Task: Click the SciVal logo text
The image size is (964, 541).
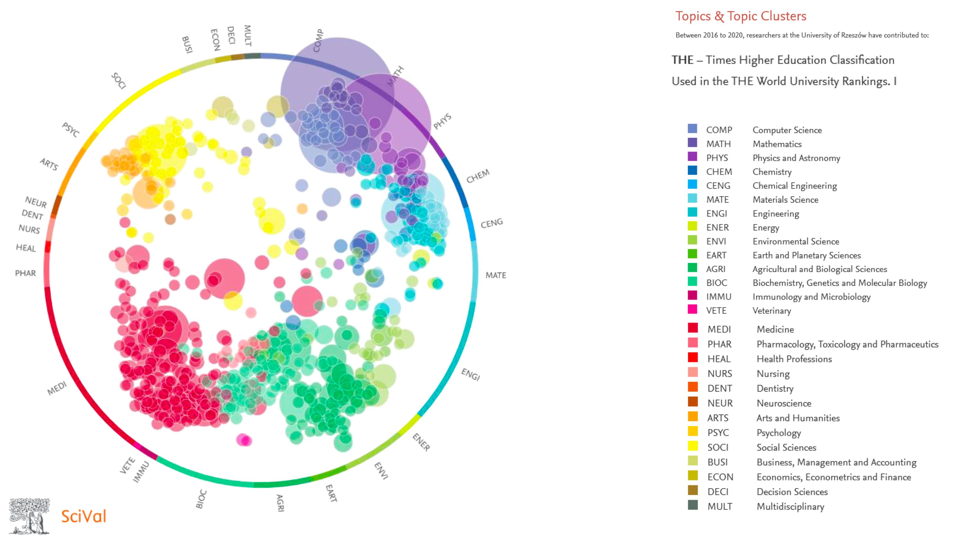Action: click(84, 516)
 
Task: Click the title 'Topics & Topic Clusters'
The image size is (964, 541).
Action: click(741, 16)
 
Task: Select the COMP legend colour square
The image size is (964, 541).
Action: click(692, 129)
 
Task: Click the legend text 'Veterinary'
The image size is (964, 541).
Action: click(772, 311)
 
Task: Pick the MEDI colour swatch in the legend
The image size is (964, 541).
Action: click(693, 328)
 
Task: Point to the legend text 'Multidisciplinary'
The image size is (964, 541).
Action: click(790, 507)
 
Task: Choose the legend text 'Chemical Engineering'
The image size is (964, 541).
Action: click(794, 186)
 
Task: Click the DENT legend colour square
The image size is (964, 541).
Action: click(693, 387)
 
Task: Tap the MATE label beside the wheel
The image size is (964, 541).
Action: click(495, 275)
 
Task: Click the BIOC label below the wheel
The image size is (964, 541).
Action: click(201, 499)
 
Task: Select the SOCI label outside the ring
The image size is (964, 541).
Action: click(119, 81)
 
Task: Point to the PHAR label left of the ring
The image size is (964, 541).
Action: click(25, 273)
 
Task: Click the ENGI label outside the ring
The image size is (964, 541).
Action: click(470, 374)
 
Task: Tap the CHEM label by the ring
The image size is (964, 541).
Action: click(478, 176)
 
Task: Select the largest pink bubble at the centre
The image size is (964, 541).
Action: click(225, 279)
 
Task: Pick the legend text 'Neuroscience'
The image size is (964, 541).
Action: click(784, 403)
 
